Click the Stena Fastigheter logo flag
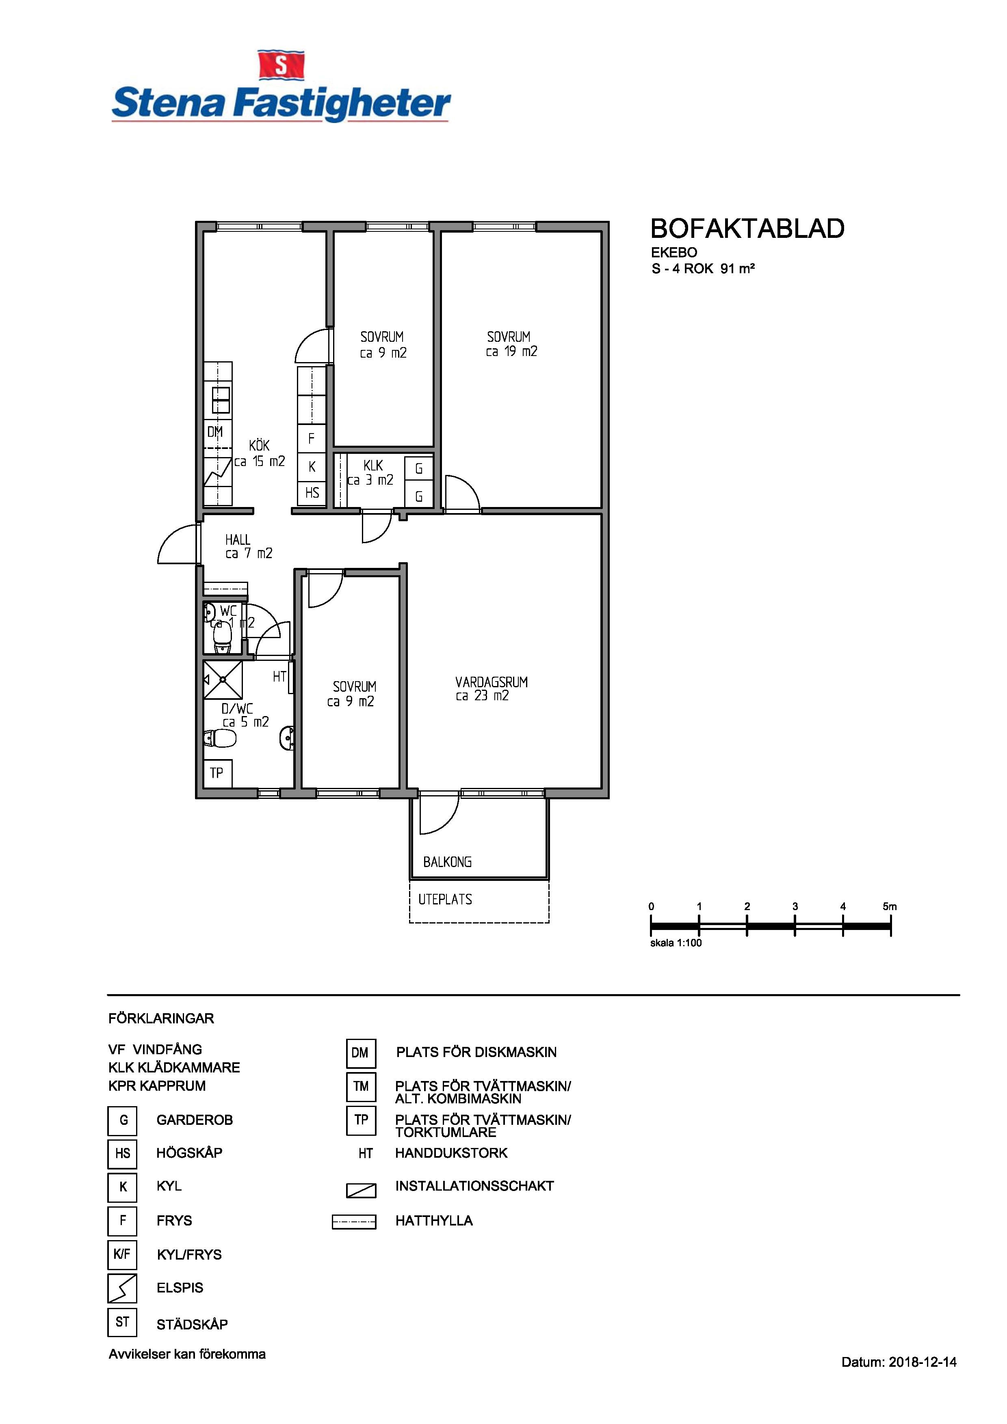(281, 66)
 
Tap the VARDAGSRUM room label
(492, 682)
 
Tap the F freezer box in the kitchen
(312, 438)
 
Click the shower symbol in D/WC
(223, 680)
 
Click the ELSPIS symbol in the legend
(122, 1288)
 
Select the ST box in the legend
(122, 1322)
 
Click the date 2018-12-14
(923, 1362)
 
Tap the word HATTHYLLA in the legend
(434, 1221)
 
